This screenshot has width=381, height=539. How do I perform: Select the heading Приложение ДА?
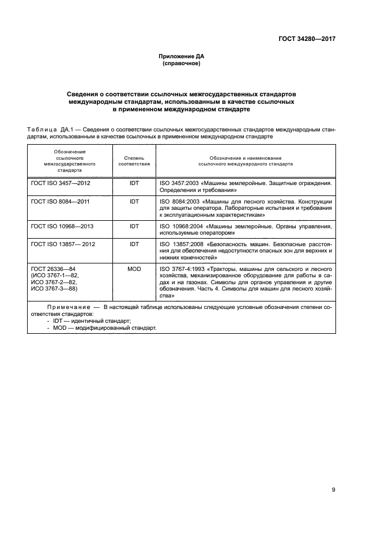[182, 56]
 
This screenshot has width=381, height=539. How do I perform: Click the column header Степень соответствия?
[134, 160]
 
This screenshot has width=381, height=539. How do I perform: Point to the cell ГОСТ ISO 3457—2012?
[61, 183]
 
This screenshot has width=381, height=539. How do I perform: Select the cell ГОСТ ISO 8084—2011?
[61, 202]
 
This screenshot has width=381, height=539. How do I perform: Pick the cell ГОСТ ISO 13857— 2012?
[63, 244]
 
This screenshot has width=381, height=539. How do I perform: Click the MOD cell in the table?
[134, 269]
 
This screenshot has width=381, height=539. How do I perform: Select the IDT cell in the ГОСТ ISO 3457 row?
[134, 183]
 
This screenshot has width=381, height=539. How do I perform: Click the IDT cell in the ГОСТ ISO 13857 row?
[134, 244]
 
